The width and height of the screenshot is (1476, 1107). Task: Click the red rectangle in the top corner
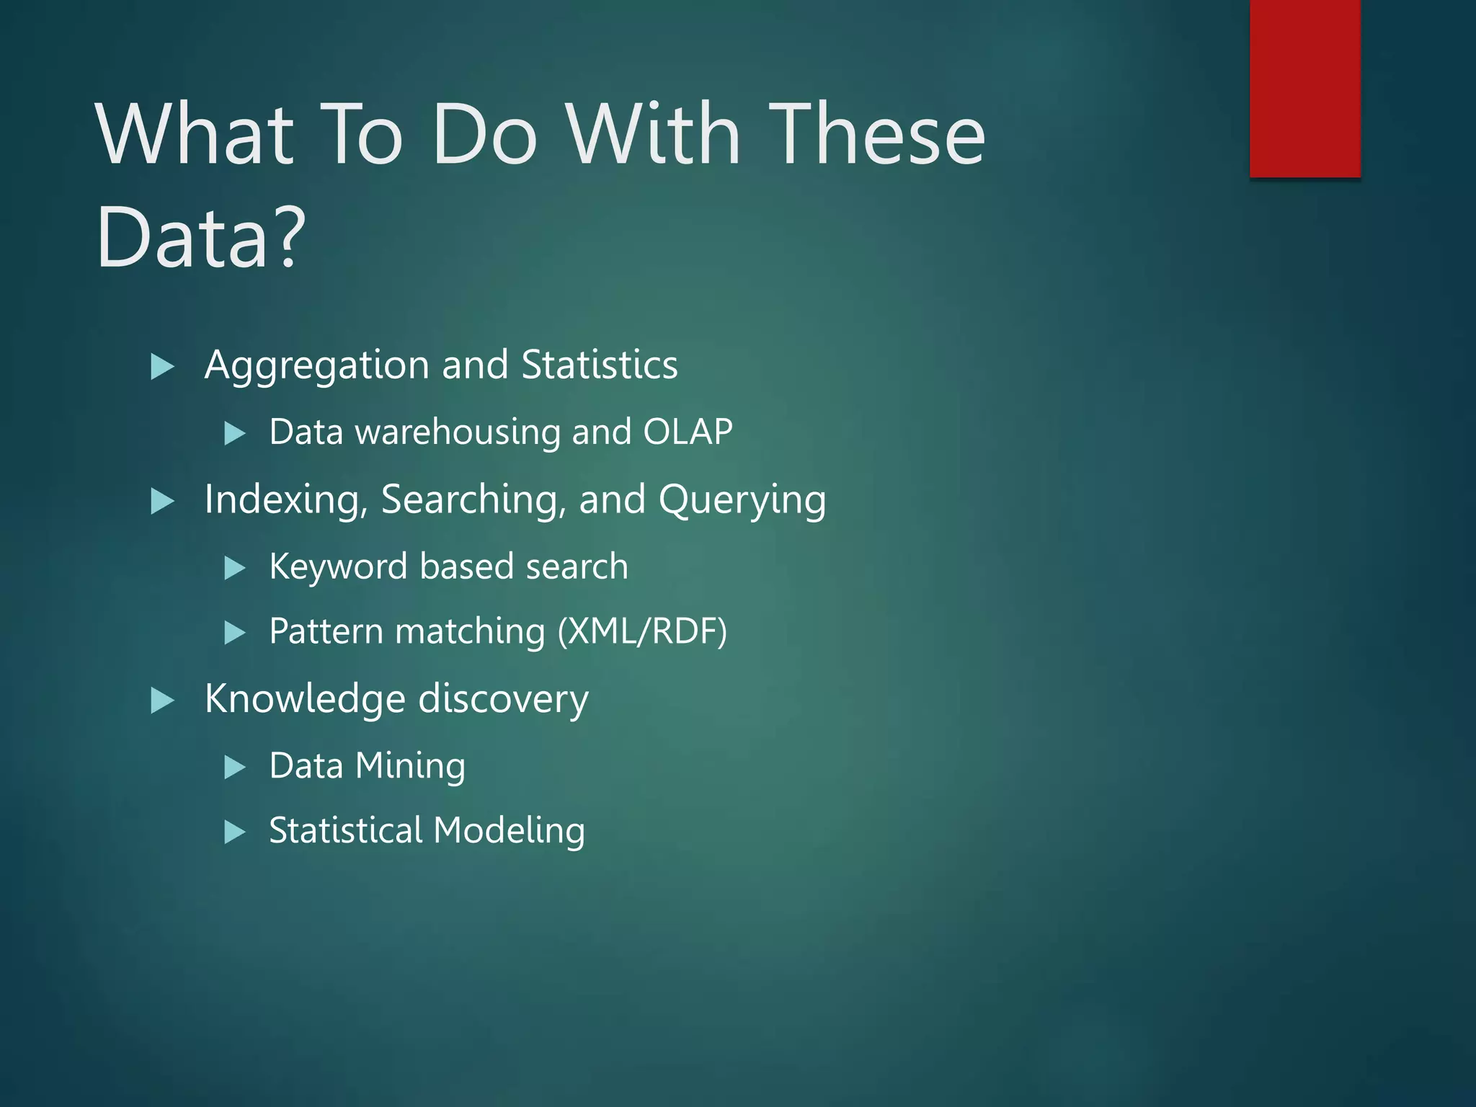(1304, 88)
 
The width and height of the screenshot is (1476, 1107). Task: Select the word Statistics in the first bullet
(599, 365)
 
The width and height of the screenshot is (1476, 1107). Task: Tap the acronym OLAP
(688, 432)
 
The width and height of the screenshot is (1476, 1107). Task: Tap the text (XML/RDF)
(642, 632)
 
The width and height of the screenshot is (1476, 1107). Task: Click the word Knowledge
(305, 699)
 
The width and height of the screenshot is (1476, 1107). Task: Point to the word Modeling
(510, 831)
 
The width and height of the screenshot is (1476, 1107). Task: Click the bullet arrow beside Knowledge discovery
(162, 701)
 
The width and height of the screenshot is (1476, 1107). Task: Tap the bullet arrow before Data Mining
(234, 767)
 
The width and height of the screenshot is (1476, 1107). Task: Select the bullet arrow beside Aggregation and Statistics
(162, 367)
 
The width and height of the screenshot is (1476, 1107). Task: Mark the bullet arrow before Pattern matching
(234, 633)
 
